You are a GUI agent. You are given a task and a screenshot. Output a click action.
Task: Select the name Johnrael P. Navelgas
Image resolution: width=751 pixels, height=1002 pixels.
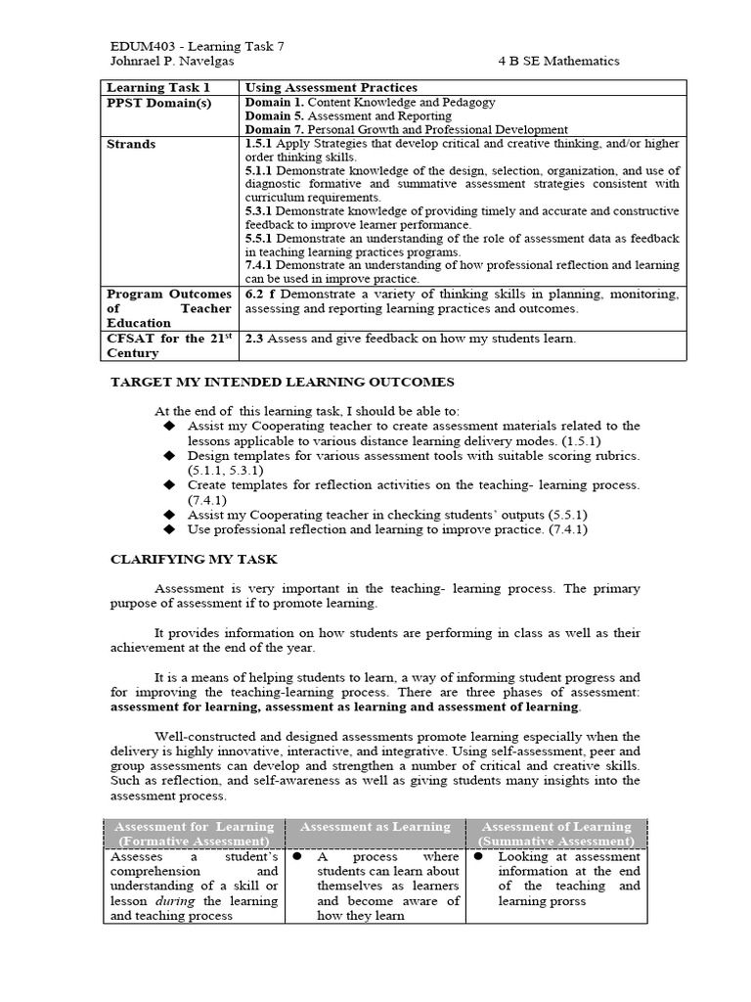pyautogui.click(x=169, y=61)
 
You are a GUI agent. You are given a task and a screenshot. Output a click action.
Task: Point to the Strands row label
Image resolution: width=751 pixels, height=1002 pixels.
pyautogui.click(x=131, y=144)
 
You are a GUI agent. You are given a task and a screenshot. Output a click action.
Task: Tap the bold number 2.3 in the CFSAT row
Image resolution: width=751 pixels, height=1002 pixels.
pyautogui.click(x=256, y=339)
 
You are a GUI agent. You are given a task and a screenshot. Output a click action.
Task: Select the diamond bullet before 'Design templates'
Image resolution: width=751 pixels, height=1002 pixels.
pyautogui.click(x=169, y=456)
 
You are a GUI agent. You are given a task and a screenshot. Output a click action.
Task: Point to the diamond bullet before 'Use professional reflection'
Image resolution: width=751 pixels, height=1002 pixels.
pyautogui.click(x=169, y=529)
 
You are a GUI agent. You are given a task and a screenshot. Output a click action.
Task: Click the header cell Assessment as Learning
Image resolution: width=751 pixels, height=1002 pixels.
pyautogui.click(x=375, y=827)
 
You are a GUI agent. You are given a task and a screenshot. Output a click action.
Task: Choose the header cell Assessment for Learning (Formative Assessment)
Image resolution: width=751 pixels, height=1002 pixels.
pyautogui.click(x=192, y=834)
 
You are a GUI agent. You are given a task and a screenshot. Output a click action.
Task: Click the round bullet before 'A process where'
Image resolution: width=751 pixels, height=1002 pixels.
pyautogui.click(x=296, y=855)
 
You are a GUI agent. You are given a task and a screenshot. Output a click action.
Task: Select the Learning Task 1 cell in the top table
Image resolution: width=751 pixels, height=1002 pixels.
pyautogui.click(x=157, y=87)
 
